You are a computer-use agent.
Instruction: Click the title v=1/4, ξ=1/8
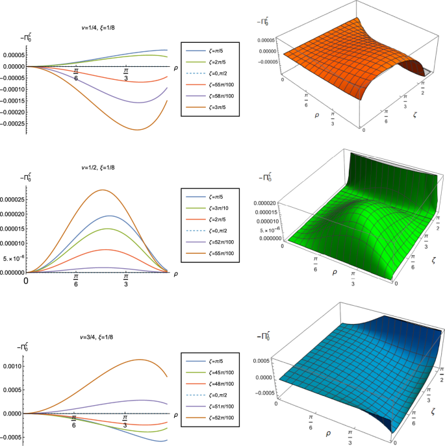tap(100, 28)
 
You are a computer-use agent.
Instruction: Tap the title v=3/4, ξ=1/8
tap(100, 337)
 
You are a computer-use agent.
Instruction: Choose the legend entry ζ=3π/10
tap(210, 208)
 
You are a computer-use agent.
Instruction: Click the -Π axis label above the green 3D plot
tap(266, 176)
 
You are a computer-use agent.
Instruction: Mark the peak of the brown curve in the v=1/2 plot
tap(103, 190)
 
